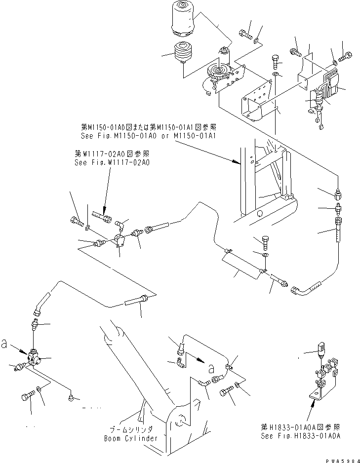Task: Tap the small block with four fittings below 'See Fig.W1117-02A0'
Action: pyautogui.click(x=119, y=240)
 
